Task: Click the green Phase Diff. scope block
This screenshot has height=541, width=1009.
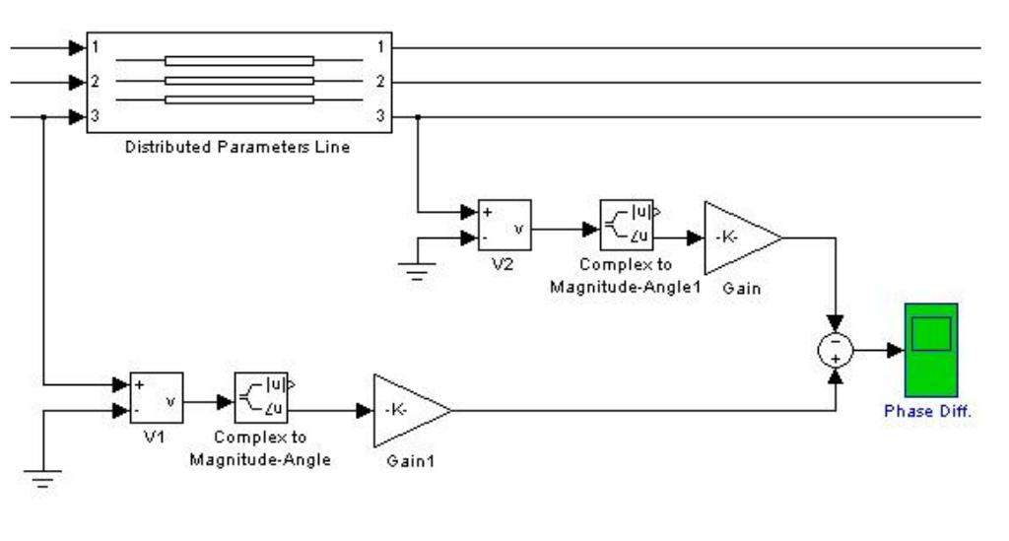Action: coord(930,350)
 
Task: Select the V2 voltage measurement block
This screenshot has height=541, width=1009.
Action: coord(504,226)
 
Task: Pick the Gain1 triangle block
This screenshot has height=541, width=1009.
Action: coord(406,410)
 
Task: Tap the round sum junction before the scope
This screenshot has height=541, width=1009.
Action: coord(837,351)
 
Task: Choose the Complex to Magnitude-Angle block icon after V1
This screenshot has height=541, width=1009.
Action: coord(260,399)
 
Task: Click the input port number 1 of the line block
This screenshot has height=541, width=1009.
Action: coord(95,46)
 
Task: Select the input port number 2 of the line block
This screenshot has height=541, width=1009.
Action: coord(95,82)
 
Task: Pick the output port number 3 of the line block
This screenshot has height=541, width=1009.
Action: coord(379,116)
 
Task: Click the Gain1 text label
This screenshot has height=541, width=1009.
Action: coord(405,461)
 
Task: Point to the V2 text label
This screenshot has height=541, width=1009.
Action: coord(504,265)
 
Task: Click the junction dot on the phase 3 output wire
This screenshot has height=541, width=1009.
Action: coord(419,117)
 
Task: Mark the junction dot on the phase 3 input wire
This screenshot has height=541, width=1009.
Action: coord(44,117)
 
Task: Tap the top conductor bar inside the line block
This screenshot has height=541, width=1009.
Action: coord(238,60)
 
